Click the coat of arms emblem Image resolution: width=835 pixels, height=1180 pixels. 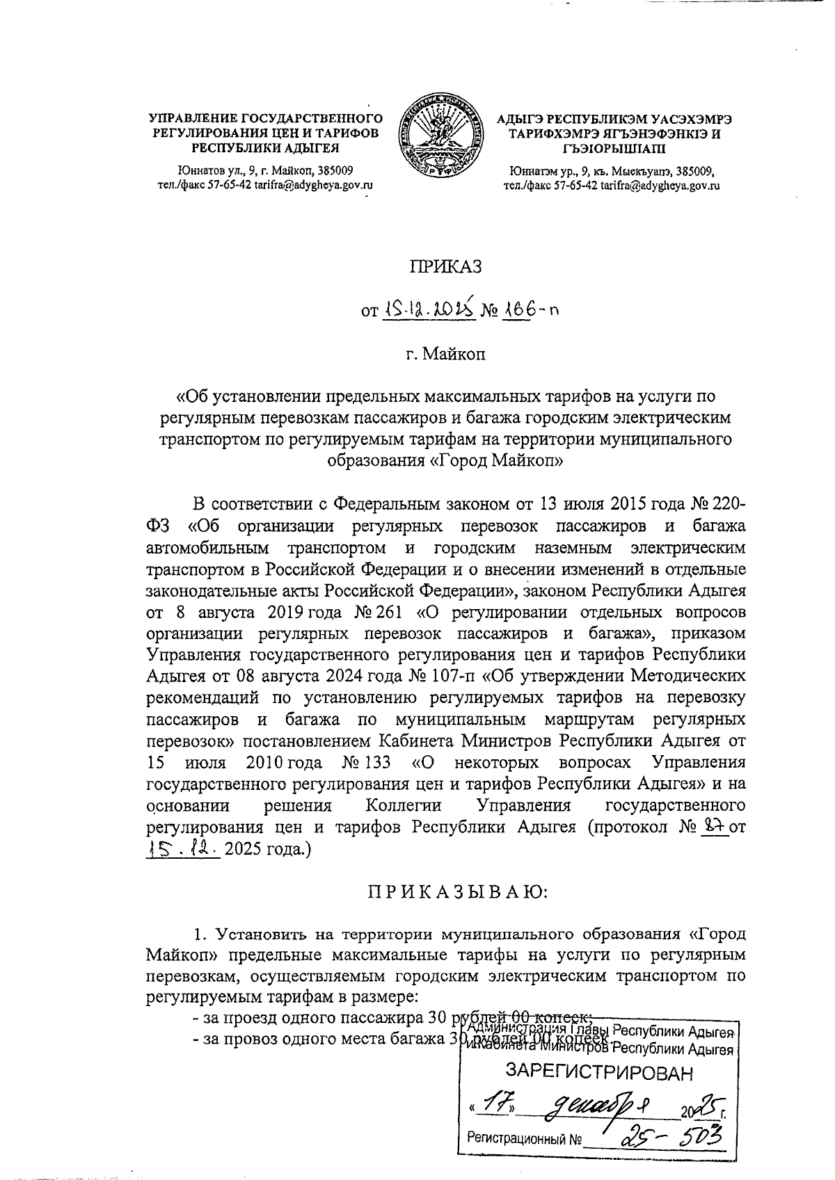[x=443, y=139]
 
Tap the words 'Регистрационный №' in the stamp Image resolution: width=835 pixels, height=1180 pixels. [x=523, y=1140]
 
